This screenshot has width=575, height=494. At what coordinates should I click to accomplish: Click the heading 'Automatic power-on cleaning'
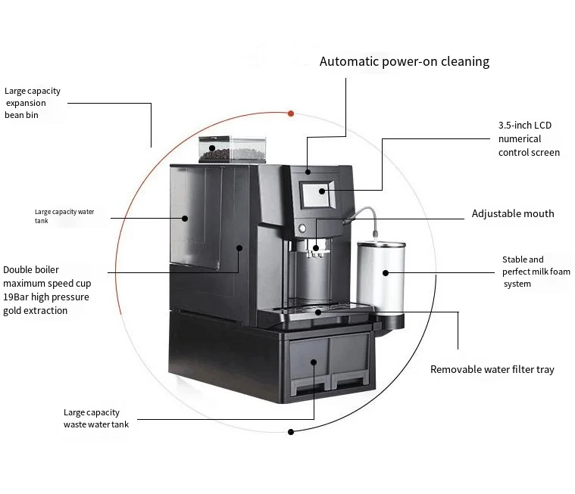point(404,61)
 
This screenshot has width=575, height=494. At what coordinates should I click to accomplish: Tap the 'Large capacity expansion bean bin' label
point(32,103)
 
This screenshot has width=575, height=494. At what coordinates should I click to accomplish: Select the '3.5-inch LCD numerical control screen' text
point(528,138)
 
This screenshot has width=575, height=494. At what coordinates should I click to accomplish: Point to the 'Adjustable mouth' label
point(513,213)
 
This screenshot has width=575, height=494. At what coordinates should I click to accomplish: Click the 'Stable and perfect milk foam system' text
point(536,272)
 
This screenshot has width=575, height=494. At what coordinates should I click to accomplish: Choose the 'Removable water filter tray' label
point(492,369)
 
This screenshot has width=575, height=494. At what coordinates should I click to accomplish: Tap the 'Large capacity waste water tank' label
point(95,418)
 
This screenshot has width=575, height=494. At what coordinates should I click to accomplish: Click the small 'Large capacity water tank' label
point(64,216)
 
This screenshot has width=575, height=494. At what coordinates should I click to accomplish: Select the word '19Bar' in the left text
point(16,297)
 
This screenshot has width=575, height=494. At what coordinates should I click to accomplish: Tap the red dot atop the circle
point(291,113)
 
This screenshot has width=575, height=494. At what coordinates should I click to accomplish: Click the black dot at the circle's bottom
point(290,432)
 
